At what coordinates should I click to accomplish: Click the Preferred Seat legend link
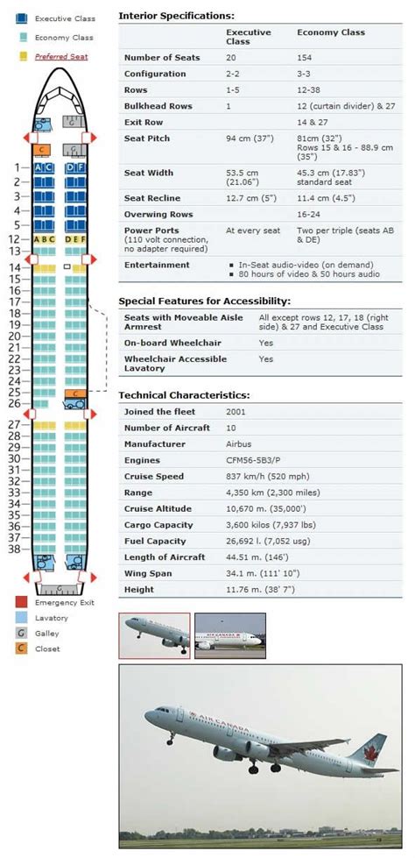tap(60, 57)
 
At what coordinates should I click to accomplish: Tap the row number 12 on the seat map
tap(13, 238)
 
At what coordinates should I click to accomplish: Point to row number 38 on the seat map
tap(13, 550)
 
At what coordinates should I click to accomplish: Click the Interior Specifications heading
tap(176, 16)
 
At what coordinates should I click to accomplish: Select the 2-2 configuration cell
tap(236, 74)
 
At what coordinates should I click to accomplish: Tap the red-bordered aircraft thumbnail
tap(154, 635)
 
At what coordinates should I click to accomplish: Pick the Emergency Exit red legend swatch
tap(21, 602)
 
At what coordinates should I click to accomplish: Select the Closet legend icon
tap(21, 648)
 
